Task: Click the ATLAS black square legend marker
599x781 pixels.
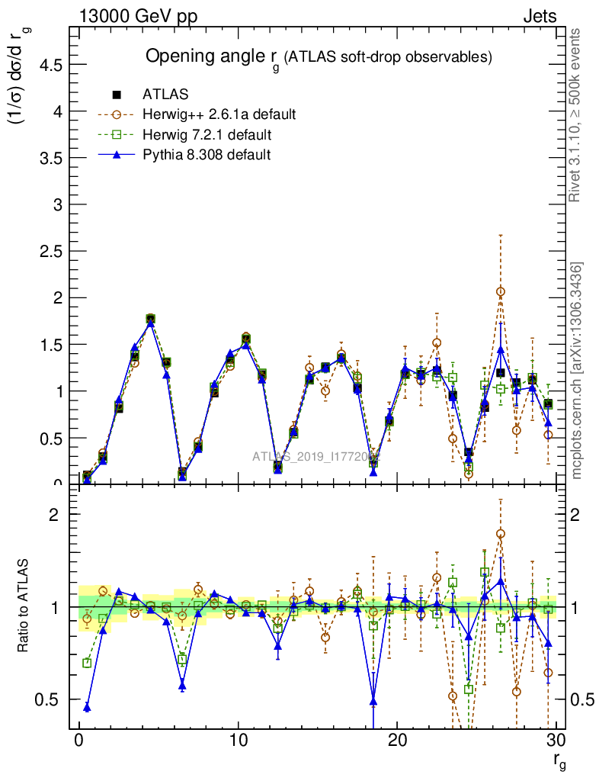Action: pos(117,95)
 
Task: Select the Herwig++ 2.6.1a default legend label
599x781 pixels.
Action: pos(219,115)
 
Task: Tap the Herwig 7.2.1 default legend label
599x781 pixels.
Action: pos(207,135)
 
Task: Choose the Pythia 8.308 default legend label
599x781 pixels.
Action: pos(207,155)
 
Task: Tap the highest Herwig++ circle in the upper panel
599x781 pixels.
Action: pos(501,291)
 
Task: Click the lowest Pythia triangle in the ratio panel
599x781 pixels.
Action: pos(87,708)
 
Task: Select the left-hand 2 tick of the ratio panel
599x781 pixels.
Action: pos(55,514)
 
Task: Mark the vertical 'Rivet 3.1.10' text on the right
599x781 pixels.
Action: pos(576,114)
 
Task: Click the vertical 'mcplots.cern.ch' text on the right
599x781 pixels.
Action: pos(577,371)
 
